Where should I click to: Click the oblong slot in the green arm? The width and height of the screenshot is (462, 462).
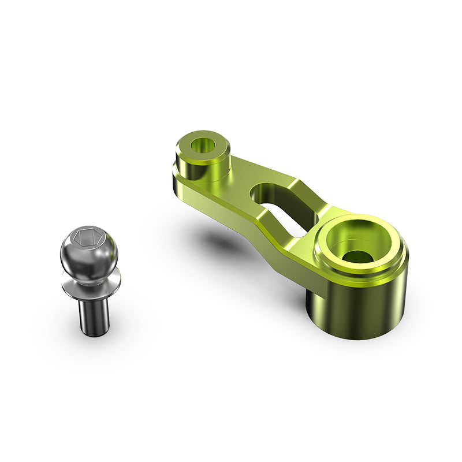point(280,208)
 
